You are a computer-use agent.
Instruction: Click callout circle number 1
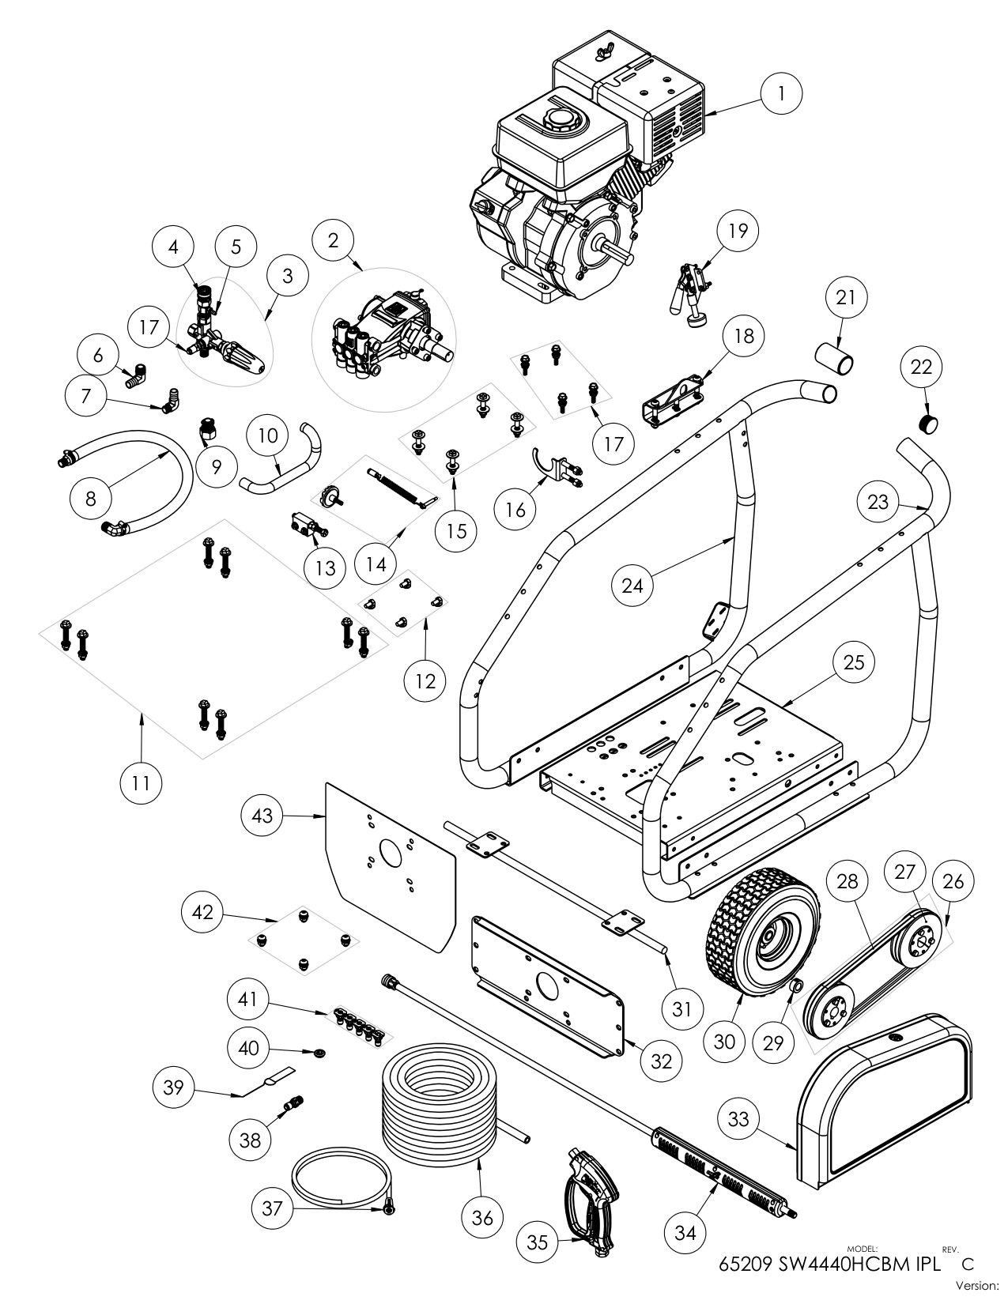(x=781, y=94)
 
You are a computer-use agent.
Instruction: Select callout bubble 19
(x=737, y=232)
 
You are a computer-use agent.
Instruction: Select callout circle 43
(x=262, y=815)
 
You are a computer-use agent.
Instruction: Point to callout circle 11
(x=141, y=782)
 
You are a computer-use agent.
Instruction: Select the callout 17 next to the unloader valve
(x=149, y=327)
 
